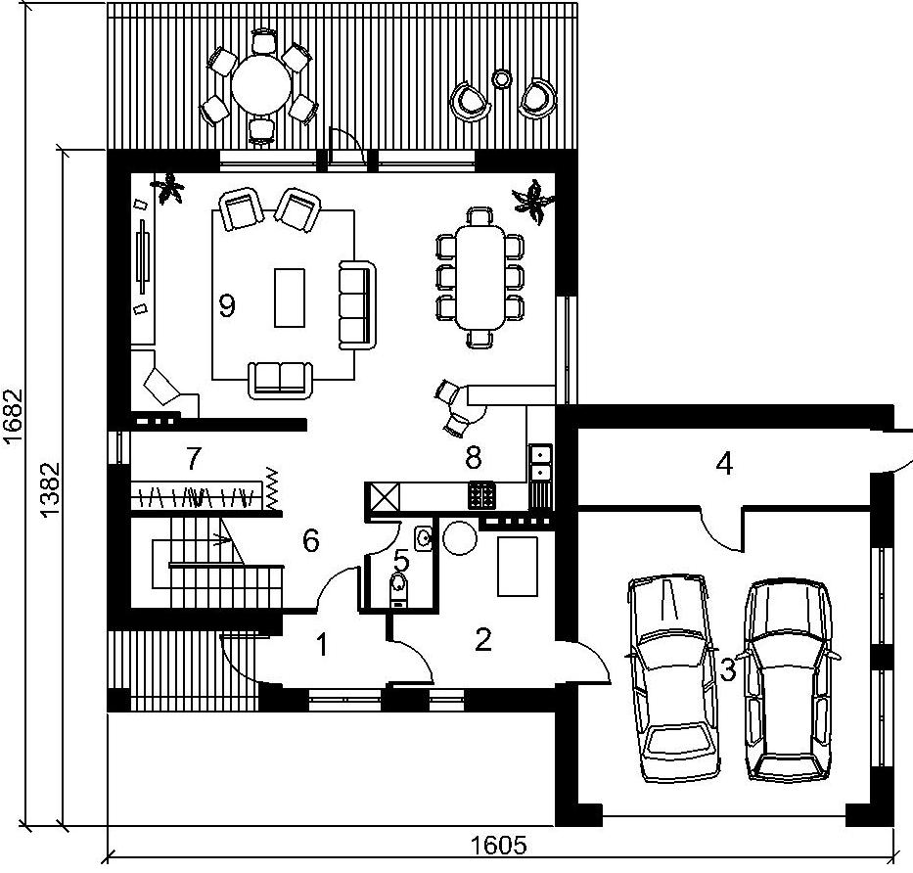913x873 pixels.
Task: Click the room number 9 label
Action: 226,305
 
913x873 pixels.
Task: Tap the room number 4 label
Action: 724,464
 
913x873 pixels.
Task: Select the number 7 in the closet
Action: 194,458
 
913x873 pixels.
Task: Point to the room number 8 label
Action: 474,457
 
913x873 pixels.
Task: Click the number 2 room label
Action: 483,639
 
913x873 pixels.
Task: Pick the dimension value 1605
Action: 498,845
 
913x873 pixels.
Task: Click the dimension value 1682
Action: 13,416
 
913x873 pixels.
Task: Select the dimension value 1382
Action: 51,489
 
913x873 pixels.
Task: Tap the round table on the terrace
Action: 261,85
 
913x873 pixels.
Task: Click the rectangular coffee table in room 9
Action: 290,298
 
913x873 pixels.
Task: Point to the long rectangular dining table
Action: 479,278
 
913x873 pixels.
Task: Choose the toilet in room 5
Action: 398,587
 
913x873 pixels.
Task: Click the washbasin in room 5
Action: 424,538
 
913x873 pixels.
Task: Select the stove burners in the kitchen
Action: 480,495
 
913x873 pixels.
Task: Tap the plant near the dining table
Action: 532,202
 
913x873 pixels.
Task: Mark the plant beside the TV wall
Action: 168,188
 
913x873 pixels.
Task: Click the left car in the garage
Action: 672,677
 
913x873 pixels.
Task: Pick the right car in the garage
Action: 790,679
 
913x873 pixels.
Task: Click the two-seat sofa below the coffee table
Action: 280,381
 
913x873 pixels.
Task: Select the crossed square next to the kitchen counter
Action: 382,497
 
